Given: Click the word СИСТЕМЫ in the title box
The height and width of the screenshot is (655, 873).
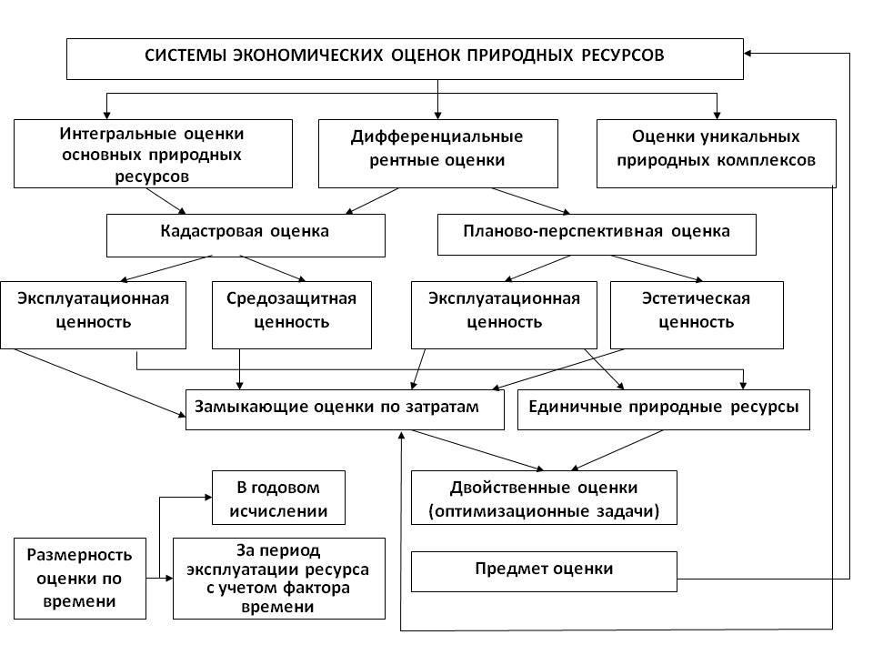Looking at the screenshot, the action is (x=186, y=55).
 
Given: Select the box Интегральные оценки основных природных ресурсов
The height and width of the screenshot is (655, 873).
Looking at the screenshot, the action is (x=153, y=154).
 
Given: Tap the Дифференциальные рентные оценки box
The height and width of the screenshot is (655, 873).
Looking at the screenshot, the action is (x=438, y=154).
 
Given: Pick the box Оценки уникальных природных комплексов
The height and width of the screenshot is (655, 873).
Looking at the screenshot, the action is (x=716, y=154).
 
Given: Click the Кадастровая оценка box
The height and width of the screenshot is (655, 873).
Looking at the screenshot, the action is (x=246, y=236).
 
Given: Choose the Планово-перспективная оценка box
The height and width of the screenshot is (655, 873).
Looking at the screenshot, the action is (x=597, y=235).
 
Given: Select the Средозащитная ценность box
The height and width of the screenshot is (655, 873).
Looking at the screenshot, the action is (x=292, y=316).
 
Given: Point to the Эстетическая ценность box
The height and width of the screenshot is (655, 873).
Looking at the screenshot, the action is (x=697, y=316).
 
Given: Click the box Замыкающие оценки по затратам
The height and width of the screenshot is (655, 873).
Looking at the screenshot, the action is (x=345, y=409).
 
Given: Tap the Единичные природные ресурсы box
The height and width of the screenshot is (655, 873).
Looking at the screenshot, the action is (x=664, y=409).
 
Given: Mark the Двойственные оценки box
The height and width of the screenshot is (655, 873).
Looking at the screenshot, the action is (x=544, y=498).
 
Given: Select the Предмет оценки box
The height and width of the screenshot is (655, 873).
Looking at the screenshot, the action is (x=544, y=571).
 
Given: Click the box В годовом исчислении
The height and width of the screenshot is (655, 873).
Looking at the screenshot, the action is (x=278, y=498).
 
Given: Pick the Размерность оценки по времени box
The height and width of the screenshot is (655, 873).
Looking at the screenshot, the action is (x=80, y=579).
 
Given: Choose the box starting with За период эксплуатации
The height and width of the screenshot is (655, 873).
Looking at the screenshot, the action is (x=279, y=579).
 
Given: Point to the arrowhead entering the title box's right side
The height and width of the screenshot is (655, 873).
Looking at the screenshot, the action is (x=748, y=54).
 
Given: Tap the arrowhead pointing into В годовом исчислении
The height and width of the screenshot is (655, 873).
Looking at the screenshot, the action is (x=208, y=498).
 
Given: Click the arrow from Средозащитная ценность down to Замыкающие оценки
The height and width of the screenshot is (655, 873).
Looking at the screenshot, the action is (x=240, y=369).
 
